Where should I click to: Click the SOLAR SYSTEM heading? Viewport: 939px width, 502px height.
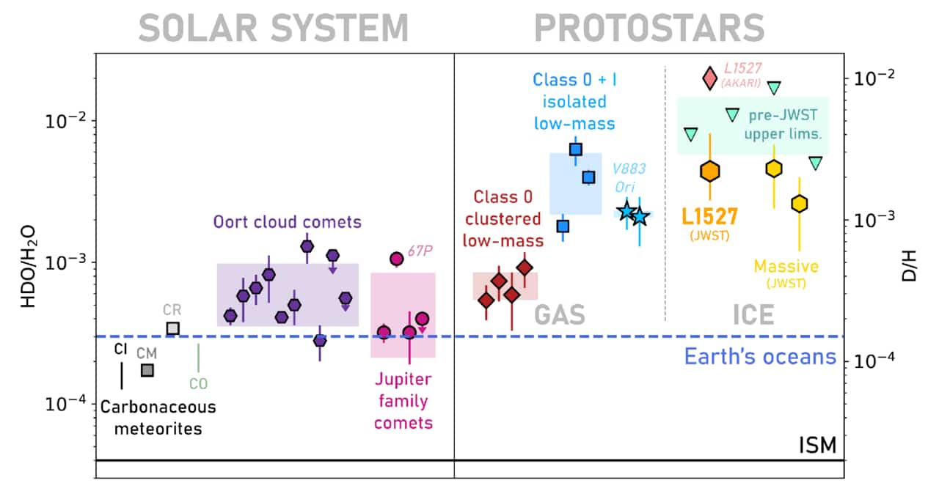(273, 29)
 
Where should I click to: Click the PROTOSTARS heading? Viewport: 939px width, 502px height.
(650, 29)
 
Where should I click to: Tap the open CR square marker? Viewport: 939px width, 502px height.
(172, 328)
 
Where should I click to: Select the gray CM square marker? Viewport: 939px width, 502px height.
(147, 370)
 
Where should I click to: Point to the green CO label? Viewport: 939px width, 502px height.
(198, 383)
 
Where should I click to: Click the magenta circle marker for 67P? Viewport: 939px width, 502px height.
(396, 258)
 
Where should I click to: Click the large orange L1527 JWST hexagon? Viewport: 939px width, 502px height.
(709, 171)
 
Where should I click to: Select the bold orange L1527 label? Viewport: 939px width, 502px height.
(709, 216)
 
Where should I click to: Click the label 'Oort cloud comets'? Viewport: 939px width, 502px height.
(288, 221)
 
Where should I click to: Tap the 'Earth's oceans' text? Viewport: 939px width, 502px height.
(760, 357)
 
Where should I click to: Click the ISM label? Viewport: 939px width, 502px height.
(818, 446)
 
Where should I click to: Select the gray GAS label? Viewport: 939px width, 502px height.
(559, 314)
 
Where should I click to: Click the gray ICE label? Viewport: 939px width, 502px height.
(753, 314)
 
